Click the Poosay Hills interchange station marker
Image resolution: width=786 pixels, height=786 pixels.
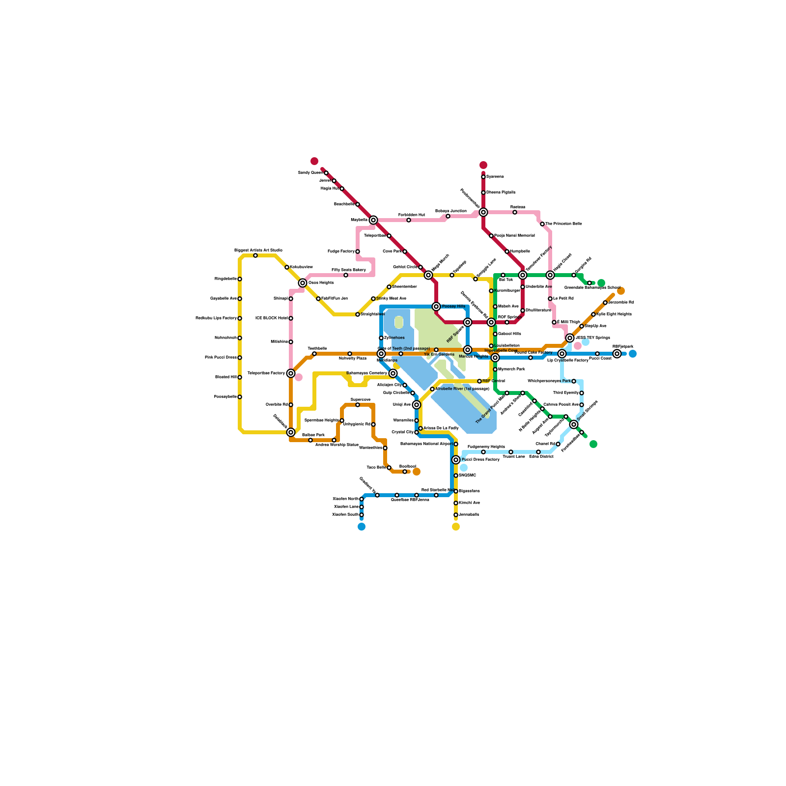pos(436,307)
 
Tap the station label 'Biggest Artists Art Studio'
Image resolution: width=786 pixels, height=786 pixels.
pos(258,250)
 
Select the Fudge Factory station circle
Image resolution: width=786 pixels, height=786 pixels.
pos(358,252)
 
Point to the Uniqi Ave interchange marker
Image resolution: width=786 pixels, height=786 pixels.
pos(417,405)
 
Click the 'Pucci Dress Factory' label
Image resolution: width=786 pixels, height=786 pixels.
pos(480,460)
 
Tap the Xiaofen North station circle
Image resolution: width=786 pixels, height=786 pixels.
pos(362,499)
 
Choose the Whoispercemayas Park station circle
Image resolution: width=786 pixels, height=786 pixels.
pos(574,381)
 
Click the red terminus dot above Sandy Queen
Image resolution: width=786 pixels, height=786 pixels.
pos(314,161)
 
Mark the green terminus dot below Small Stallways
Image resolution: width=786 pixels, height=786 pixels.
pos(593,444)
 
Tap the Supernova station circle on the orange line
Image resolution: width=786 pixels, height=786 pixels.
pos(358,405)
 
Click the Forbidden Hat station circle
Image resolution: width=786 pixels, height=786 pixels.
pos(409,220)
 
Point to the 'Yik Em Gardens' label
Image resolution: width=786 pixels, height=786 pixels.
pos(439,355)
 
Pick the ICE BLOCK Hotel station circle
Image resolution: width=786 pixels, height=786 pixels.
pos(291,318)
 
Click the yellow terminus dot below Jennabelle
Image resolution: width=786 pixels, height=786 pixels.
pos(456,527)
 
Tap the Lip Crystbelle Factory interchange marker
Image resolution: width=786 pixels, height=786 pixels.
pos(562,354)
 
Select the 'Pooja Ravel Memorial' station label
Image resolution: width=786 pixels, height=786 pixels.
pos(514,236)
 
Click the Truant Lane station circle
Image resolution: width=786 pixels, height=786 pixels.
pos(511,452)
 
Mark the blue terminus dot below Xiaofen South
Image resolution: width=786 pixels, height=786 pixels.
pos(362,527)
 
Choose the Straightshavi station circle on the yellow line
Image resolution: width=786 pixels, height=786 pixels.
pos(358,314)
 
